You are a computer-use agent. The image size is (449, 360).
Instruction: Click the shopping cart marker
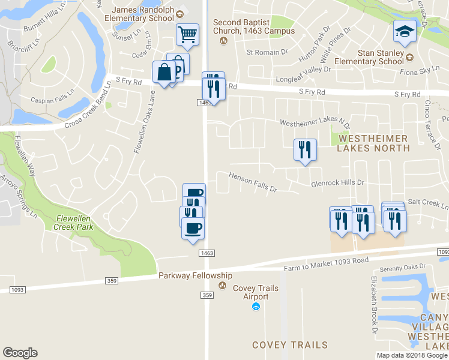[x=187, y=34]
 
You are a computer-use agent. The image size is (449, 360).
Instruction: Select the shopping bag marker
[x=164, y=72]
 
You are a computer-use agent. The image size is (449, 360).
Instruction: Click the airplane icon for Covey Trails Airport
[x=256, y=307]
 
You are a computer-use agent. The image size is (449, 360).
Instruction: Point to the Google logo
[x=20, y=353]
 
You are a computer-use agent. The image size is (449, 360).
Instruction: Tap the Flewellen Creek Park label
[x=75, y=223]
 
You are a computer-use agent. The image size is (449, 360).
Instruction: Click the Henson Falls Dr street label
[x=253, y=182]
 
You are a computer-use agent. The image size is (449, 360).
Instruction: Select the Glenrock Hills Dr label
[x=337, y=183]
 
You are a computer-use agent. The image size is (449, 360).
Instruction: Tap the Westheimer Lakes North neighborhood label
[x=373, y=143]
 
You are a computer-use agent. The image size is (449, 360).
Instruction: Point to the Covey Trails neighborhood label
[x=290, y=345]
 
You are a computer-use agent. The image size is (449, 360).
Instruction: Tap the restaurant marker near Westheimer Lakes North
[x=305, y=150]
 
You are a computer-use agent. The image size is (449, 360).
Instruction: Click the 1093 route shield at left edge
[x=17, y=290]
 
